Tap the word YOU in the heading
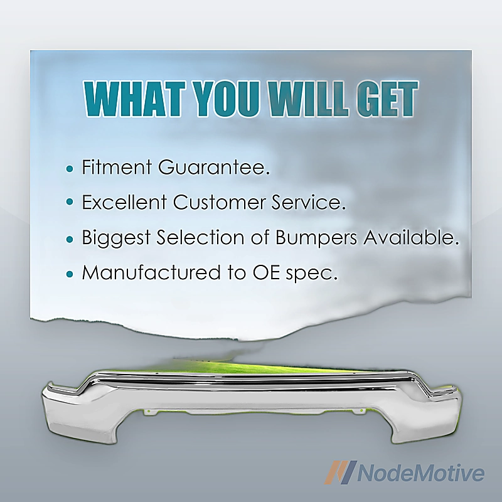coord(227,99)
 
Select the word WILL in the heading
coord(307,99)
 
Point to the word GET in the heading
coord(387,99)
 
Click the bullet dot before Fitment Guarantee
coord(70,169)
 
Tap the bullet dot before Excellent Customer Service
coord(70,202)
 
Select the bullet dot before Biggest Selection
coord(70,239)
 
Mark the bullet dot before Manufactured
coord(70,274)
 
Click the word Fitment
coord(117,167)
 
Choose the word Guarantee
coord(213,167)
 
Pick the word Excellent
coord(124,202)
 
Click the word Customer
coord(218,202)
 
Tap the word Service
coord(309,202)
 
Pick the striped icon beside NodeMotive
coord(340,472)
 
